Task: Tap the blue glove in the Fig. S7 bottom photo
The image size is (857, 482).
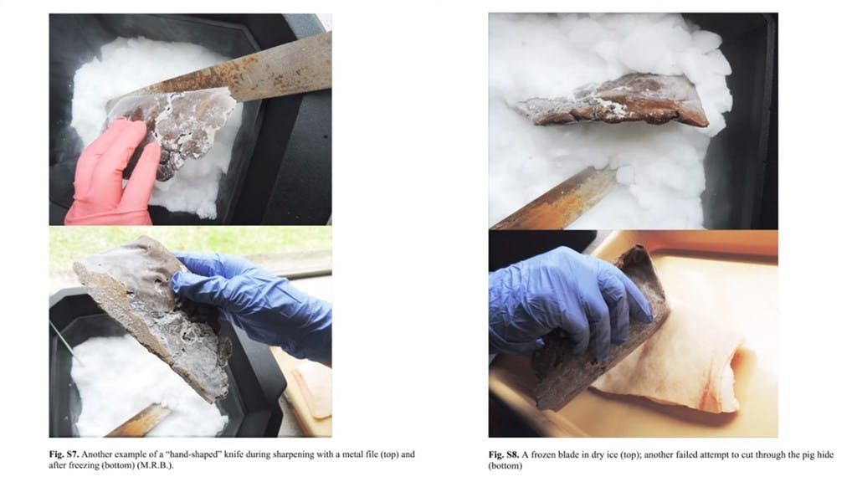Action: point(257,303)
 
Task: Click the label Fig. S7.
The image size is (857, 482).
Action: point(64,454)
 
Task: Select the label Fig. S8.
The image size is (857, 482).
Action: point(503,454)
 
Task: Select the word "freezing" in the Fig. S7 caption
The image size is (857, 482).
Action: point(83,465)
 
